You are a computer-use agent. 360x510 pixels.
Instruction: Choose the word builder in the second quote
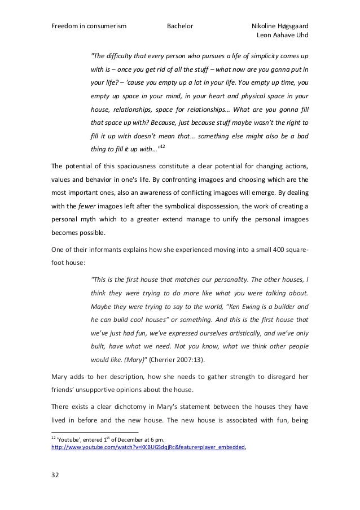[x=286, y=306]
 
